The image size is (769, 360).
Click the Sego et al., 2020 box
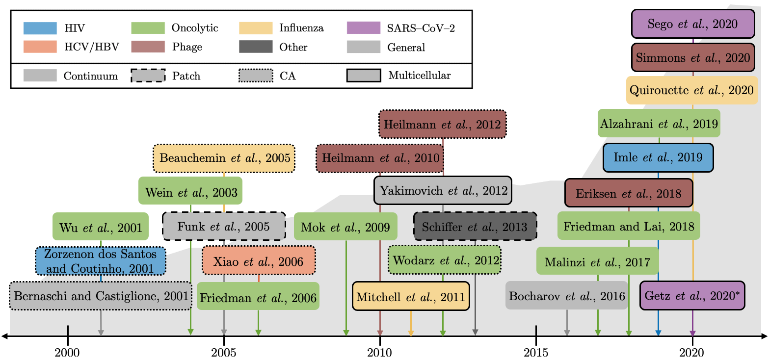692,24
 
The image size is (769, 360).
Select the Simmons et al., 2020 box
692,58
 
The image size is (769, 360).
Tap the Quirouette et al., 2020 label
692,90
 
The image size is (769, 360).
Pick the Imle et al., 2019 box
658,157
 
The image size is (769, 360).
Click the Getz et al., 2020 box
692,296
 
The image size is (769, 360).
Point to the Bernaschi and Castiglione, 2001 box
101,296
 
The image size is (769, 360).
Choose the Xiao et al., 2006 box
258,261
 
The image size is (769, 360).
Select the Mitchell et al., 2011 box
411,296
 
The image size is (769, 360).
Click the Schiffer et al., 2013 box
475,227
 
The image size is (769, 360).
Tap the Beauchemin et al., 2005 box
224,158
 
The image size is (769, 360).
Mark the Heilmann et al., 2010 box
380,158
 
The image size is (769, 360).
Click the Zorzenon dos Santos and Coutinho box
101,261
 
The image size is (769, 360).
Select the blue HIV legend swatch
40,27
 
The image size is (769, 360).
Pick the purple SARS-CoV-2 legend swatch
363,27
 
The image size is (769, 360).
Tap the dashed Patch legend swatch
148,76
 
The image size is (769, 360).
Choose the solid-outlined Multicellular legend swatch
363,76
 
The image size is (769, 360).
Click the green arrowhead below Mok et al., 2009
346,333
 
